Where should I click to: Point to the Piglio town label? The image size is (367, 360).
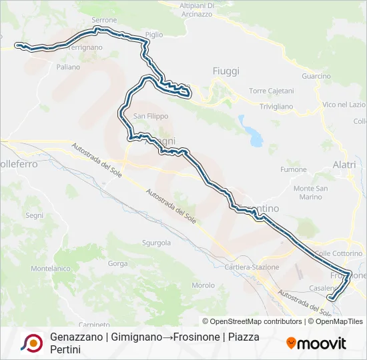(x=153, y=35)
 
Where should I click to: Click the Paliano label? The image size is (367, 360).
(x=68, y=67)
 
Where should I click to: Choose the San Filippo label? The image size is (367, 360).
(x=151, y=116)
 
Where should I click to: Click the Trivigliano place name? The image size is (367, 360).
(x=276, y=106)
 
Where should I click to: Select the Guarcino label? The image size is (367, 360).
(x=316, y=76)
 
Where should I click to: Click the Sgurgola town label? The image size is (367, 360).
(x=156, y=243)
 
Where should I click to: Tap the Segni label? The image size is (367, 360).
(x=34, y=215)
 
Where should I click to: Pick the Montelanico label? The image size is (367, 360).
(x=51, y=269)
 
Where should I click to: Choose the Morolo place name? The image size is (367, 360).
(x=203, y=285)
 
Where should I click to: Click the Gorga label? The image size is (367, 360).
(x=117, y=264)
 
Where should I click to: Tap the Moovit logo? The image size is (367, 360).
(x=316, y=343)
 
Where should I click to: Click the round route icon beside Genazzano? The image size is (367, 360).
(x=31, y=343)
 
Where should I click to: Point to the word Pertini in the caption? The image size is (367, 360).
(x=65, y=349)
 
